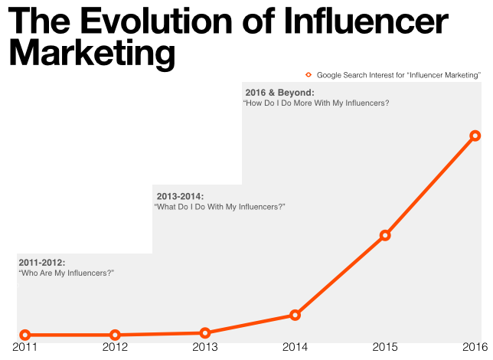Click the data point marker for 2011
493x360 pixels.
click(x=25, y=335)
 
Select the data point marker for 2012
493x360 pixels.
click(x=115, y=335)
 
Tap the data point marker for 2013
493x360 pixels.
click(x=205, y=332)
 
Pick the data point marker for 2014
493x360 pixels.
click(x=295, y=315)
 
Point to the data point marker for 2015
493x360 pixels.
click(x=385, y=235)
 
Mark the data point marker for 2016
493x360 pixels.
click(x=475, y=136)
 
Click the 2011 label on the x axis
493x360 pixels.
click(x=25, y=349)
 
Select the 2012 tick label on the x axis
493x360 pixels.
click(x=115, y=349)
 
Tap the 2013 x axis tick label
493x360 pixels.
click(x=205, y=349)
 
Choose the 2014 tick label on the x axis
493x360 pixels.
click(x=295, y=349)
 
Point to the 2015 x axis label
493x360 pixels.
click(x=385, y=349)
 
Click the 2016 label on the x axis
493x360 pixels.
click(x=475, y=349)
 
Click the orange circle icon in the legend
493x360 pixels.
click(x=309, y=74)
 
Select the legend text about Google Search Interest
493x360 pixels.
click(x=398, y=74)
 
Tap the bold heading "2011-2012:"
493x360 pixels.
click(x=42, y=263)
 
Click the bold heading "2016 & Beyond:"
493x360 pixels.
click(x=279, y=93)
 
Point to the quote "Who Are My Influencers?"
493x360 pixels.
click(x=66, y=273)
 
